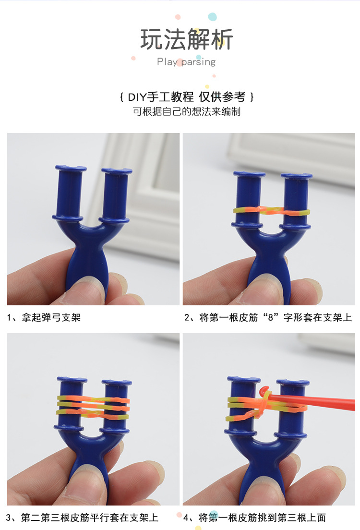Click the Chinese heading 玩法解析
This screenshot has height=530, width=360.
186,39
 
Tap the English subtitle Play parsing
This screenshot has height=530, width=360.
186,62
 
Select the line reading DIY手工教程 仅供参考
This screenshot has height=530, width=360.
186,97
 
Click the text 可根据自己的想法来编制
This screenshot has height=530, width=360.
186,112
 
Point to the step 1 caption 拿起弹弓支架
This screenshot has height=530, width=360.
44,317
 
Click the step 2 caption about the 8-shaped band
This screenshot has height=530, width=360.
268,317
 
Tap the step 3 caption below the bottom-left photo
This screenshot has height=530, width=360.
82,518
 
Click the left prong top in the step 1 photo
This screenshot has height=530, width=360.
71,169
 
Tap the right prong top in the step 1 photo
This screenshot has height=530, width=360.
117,171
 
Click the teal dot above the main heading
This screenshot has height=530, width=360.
212,17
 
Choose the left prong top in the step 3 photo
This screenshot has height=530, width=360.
72,380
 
